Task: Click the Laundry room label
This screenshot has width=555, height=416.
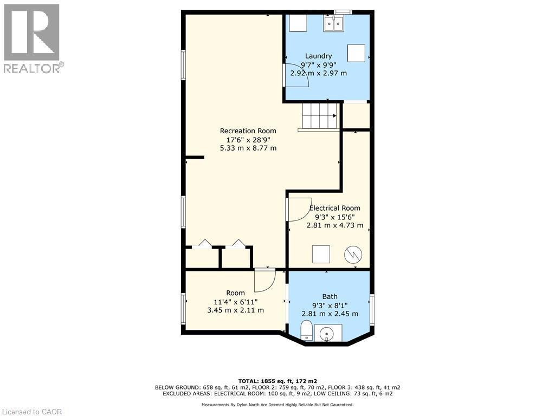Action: tap(318, 56)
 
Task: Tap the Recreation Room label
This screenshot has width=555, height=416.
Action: tap(248, 131)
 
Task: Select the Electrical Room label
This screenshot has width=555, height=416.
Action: tap(334, 208)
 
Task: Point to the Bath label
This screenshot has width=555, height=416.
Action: tap(330, 296)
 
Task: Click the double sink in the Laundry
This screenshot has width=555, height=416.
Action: tap(333, 24)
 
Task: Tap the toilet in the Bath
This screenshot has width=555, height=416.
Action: tap(306, 330)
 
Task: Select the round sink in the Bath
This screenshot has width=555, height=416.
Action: tap(328, 333)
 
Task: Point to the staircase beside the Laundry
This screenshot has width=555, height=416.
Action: tap(320, 115)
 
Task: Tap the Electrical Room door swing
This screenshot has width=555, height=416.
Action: tap(297, 209)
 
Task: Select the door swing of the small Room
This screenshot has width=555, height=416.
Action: tap(265, 279)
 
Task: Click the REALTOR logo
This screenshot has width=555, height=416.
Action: tap(32, 38)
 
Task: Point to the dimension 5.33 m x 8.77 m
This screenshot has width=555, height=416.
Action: tap(248, 148)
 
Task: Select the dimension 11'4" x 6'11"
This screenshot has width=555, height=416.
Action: tap(235, 302)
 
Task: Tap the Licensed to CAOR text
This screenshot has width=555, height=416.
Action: tap(31, 412)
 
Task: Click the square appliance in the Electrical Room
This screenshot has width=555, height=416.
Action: tap(321, 253)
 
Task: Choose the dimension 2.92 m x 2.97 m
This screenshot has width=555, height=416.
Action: tap(318, 73)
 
